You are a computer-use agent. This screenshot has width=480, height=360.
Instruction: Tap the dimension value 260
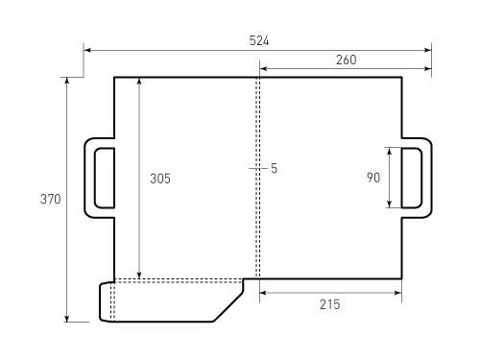click(x=347, y=60)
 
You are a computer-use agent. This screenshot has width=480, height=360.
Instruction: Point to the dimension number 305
click(x=160, y=178)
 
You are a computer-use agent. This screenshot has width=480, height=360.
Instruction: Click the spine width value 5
click(x=274, y=168)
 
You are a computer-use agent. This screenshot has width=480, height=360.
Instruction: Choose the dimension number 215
click(x=329, y=304)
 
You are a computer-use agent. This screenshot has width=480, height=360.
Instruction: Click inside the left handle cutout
click(x=104, y=178)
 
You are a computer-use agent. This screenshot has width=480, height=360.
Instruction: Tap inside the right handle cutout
click(x=414, y=178)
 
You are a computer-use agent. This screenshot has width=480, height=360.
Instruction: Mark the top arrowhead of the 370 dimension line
click(x=67, y=81)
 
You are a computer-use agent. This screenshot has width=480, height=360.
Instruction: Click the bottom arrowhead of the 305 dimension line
click(x=139, y=275)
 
